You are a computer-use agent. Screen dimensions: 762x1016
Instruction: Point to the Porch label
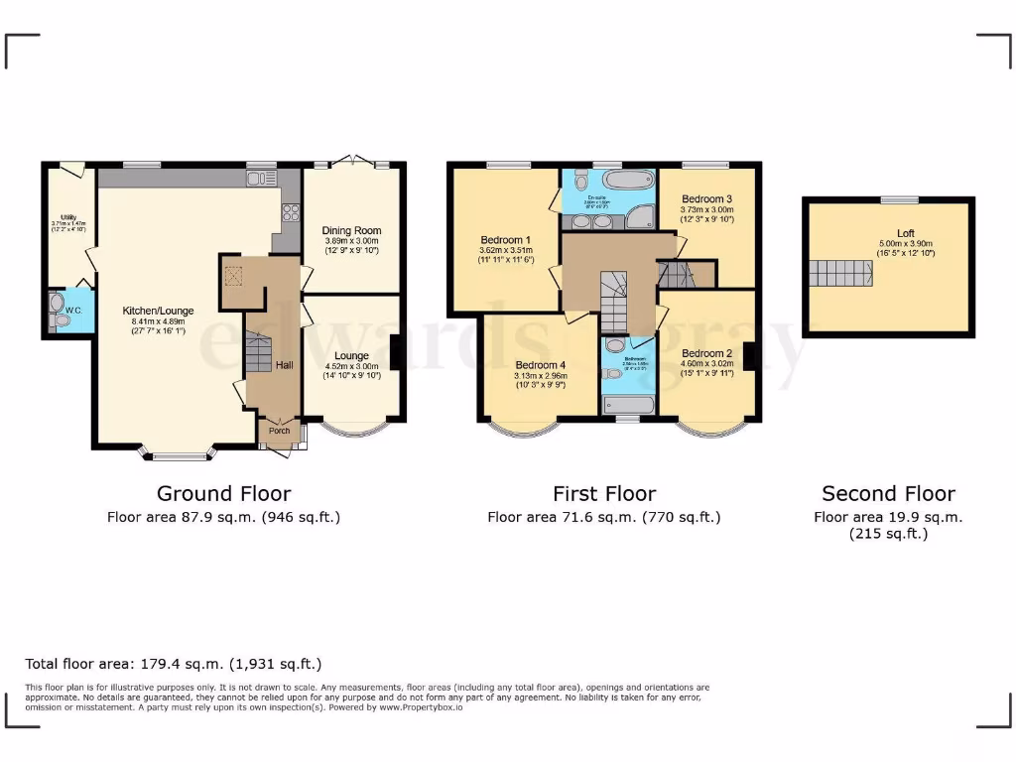(x=280, y=431)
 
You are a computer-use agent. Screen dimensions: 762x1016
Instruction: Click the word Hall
(x=285, y=365)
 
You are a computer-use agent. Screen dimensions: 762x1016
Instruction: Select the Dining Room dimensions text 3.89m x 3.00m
(x=352, y=244)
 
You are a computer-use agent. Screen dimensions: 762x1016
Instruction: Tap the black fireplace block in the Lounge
(x=396, y=353)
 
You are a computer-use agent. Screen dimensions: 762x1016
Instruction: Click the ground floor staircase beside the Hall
(x=258, y=353)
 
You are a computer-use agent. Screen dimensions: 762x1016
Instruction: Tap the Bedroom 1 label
(x=505, y=240)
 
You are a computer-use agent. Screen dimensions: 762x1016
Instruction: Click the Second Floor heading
(x=888, y=493)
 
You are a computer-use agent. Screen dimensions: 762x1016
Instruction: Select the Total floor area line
(x=174, y=664)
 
